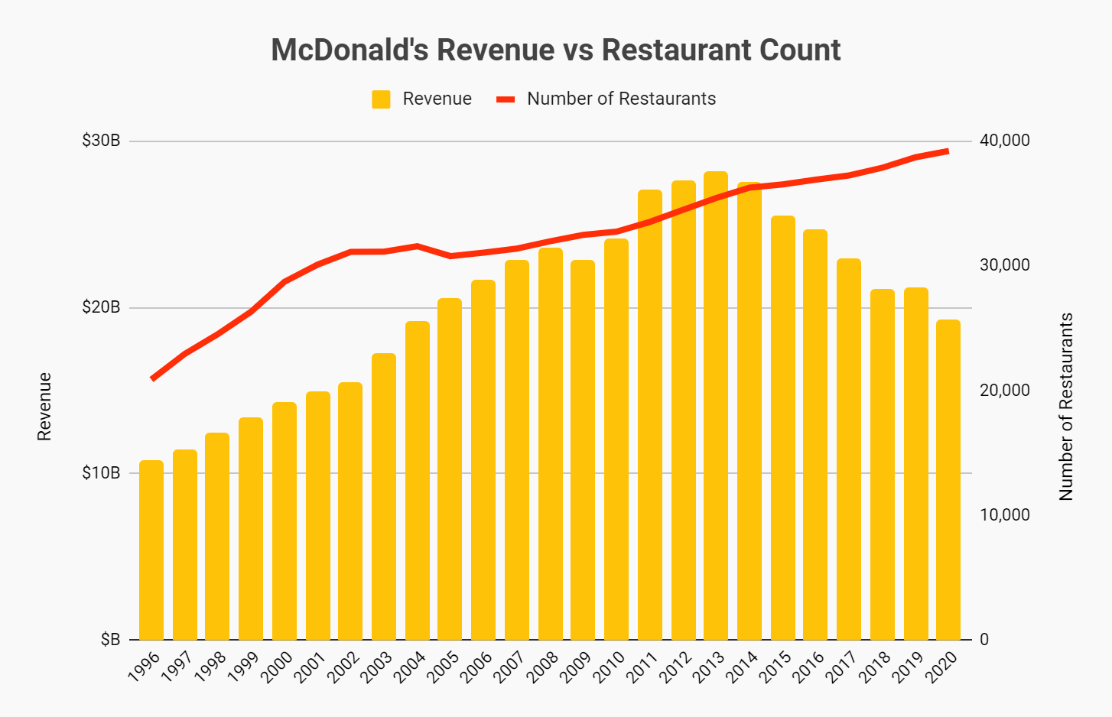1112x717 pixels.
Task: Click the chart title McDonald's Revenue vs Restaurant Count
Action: point(555,50)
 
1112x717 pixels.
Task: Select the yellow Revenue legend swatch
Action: point(381,99)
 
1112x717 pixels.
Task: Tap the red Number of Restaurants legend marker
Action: point(506,99)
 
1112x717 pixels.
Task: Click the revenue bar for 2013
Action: point(716,405)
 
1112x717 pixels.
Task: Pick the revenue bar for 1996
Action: point(151,550)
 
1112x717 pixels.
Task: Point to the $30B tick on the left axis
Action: point(102,141)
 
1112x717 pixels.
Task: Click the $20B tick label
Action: point(102,307)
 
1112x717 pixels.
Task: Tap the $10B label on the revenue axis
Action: point(102,473)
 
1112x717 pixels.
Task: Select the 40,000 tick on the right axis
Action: point(1004,141)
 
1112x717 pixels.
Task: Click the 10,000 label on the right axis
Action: point(1004,515)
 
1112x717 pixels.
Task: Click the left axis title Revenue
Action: point(44,407)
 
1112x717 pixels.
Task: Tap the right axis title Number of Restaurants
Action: point(1066,407)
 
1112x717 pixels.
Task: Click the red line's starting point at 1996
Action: point(152,379)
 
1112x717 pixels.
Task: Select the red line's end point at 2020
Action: point(948,151)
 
